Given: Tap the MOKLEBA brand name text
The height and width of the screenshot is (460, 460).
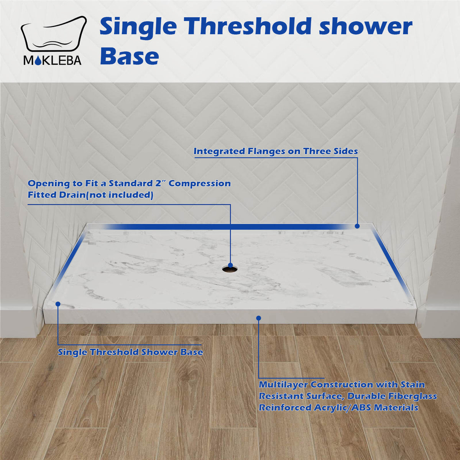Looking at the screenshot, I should (x=53, y=61).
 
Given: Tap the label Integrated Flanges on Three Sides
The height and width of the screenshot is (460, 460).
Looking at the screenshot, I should (x=276, y=151).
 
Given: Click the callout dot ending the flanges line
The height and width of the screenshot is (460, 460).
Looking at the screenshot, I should (x=357, y=226).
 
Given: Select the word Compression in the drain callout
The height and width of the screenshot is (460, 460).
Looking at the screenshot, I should (x=200, y=183).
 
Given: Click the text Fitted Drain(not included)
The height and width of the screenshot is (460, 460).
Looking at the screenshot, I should (x=90, y=195).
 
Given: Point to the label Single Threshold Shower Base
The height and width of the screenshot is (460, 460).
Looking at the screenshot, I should (x=130, y=352).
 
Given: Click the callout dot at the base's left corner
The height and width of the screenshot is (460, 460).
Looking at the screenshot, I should (x=58, y=304).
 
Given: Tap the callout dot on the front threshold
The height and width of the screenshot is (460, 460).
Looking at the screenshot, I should (x=259, y=318).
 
